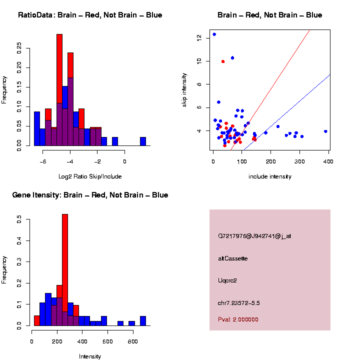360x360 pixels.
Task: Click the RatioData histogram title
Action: (90, 15)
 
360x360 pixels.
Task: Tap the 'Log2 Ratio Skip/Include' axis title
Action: (90, 176)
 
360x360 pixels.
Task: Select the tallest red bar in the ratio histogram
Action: (59, 75)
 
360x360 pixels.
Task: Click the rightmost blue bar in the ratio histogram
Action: (143, 141)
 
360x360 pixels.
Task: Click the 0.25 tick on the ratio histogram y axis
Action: (19, 46)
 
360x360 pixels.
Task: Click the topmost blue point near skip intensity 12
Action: (214, 34)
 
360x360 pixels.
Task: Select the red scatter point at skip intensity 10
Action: (223, 61)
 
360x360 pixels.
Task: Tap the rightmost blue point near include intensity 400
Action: (325, 131)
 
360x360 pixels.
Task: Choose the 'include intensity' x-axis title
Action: (270, 176)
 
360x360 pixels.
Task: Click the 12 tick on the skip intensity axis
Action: (198, 37)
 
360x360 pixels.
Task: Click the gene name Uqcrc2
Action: (227, 280)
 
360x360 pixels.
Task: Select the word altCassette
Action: (232, 258)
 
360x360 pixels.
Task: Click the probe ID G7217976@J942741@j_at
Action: (254, 236)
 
